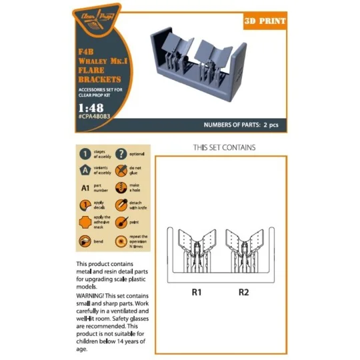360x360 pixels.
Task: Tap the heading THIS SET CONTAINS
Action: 223,147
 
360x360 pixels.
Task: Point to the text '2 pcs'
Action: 274,125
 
